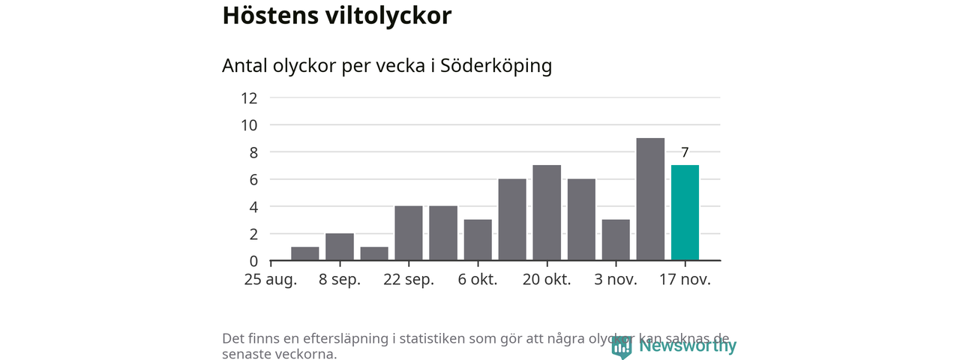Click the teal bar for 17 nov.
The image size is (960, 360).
[685, 213]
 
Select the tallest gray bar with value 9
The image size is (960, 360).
[650, 199]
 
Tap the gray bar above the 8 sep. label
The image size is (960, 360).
[340, 247]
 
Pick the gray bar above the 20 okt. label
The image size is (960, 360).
[547, 213]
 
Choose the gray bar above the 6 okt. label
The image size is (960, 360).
[478, 240]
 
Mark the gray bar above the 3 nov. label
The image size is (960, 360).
[616, 240]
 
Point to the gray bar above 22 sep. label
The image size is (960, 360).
[409, 233]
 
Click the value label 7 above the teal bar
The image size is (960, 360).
[685, 153]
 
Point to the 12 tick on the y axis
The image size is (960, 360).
[249, 98]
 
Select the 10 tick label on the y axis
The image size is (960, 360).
[249, 125]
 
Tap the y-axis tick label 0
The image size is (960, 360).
[253, 261]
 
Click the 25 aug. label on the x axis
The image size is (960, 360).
[271, 280]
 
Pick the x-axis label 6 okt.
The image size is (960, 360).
[478, 280]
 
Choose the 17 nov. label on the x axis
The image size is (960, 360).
[685, 280]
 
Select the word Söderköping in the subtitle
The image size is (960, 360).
[496, 66]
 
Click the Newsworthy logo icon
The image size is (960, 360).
[621, 346]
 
